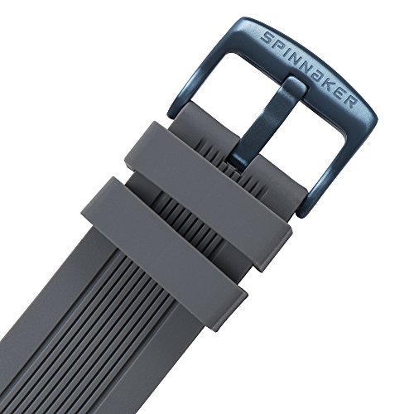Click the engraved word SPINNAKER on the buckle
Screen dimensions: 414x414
click(x=309, y=68)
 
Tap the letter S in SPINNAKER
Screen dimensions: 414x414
click(x=267, y=37)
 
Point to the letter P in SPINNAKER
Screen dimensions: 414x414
click(x=278, y=43)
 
